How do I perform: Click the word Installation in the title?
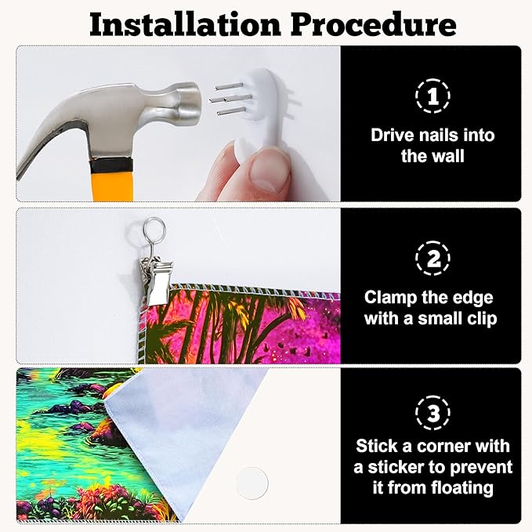tap(185, 25)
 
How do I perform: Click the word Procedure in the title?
tap(374, 25)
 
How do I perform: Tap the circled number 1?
tap(432, 96)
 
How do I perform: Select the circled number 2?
tap(432, 259)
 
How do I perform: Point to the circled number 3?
tap(432, 413)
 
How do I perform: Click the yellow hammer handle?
tap(112, 185)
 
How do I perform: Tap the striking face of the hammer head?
tap(193, 103)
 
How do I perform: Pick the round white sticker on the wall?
tap(252, 483)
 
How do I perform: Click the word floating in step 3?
tap(463, 488)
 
